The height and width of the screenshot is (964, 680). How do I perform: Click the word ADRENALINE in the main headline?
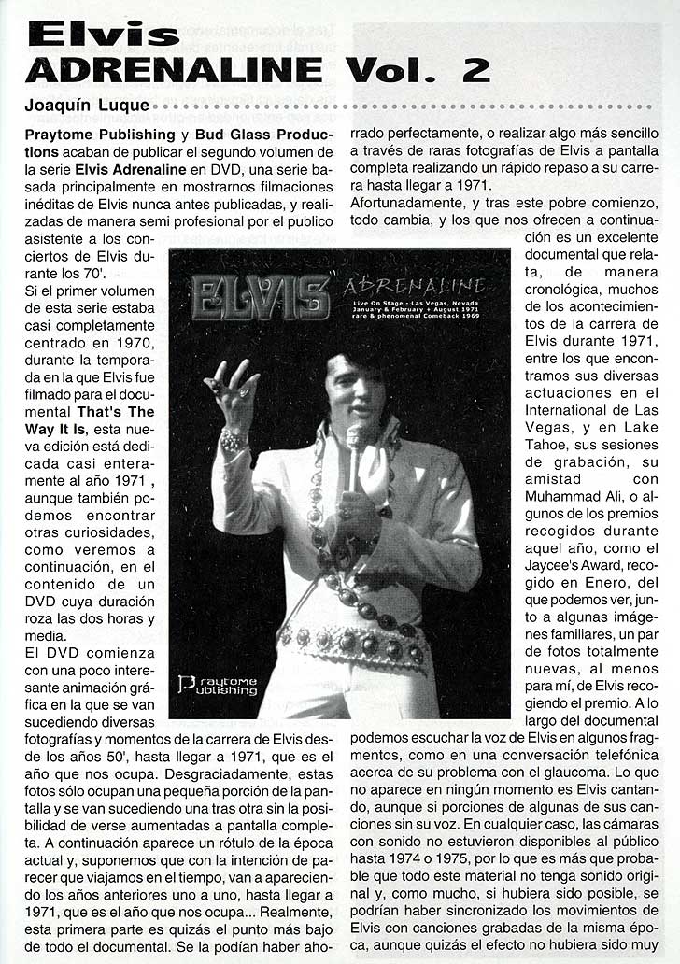pos(173,71)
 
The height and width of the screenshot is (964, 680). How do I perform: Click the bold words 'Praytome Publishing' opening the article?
pos(98,135)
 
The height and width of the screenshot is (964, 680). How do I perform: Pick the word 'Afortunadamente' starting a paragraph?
pos(404,203)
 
